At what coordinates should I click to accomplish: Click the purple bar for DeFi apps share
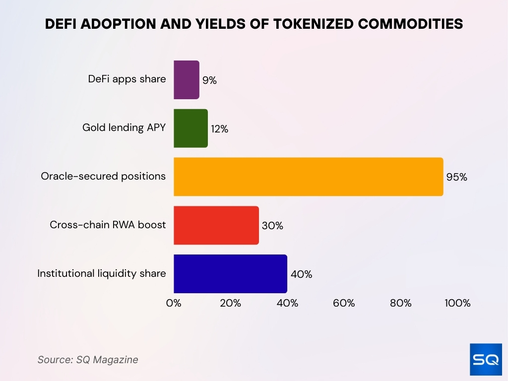[x=187, y=80]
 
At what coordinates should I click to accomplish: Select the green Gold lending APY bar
[x=190, y=128]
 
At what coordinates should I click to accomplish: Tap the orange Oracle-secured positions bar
[x=308, y=177]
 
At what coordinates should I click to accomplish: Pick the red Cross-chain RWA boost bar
[x=216, y=225]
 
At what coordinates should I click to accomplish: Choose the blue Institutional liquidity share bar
[x=230, y=274]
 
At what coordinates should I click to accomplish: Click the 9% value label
[x=209, y=80]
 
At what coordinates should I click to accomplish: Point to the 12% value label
[x=219, y=129]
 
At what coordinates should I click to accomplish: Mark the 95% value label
[x=456, y=177]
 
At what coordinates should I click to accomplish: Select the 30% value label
[x=272, y=226]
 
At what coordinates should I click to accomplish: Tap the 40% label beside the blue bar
[x=301, y=274]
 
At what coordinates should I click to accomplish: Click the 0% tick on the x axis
[x=174, y=303]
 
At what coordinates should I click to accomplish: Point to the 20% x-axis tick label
[x=230, y=303]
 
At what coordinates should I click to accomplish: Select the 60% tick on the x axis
[x=344, y=303]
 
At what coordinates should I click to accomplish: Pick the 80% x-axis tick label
[x=400, y=303]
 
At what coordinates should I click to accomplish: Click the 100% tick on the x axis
[x=457, y=303]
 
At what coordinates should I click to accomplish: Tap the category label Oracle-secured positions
[x=103, y=176]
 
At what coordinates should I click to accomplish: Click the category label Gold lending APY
[x=124, y=127]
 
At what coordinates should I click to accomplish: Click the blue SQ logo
[x=486, y=359]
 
